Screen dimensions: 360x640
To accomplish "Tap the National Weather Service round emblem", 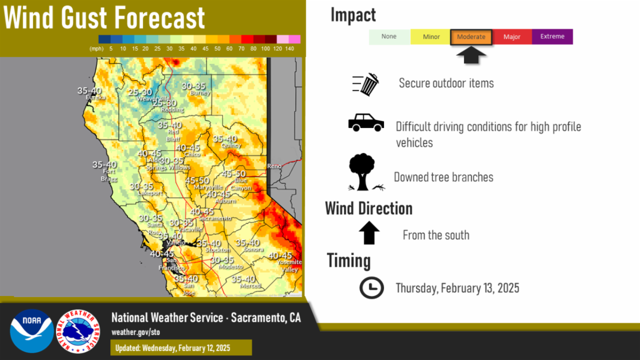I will [x=78, y=331].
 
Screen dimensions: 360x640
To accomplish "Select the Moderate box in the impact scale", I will [x=471, y=37].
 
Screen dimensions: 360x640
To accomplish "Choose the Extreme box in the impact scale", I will [x=552, y=37].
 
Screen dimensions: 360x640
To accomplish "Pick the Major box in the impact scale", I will [x=511, y=37].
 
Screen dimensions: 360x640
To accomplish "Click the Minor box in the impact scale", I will [x=431, y=37].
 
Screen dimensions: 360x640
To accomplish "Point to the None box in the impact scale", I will [x=389, y=37].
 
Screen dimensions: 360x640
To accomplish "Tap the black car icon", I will [x=366, y=122].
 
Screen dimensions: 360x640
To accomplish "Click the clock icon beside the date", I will [x=371, y=288].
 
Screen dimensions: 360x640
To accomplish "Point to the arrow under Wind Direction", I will [x=369, y=233].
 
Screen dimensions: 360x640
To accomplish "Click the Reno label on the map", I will [x=274, y=166].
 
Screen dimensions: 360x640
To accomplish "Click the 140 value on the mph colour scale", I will [x=290, y=49].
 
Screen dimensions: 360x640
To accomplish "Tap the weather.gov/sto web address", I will [x=135, y=332].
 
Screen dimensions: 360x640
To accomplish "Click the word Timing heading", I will [x=349, y=261].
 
